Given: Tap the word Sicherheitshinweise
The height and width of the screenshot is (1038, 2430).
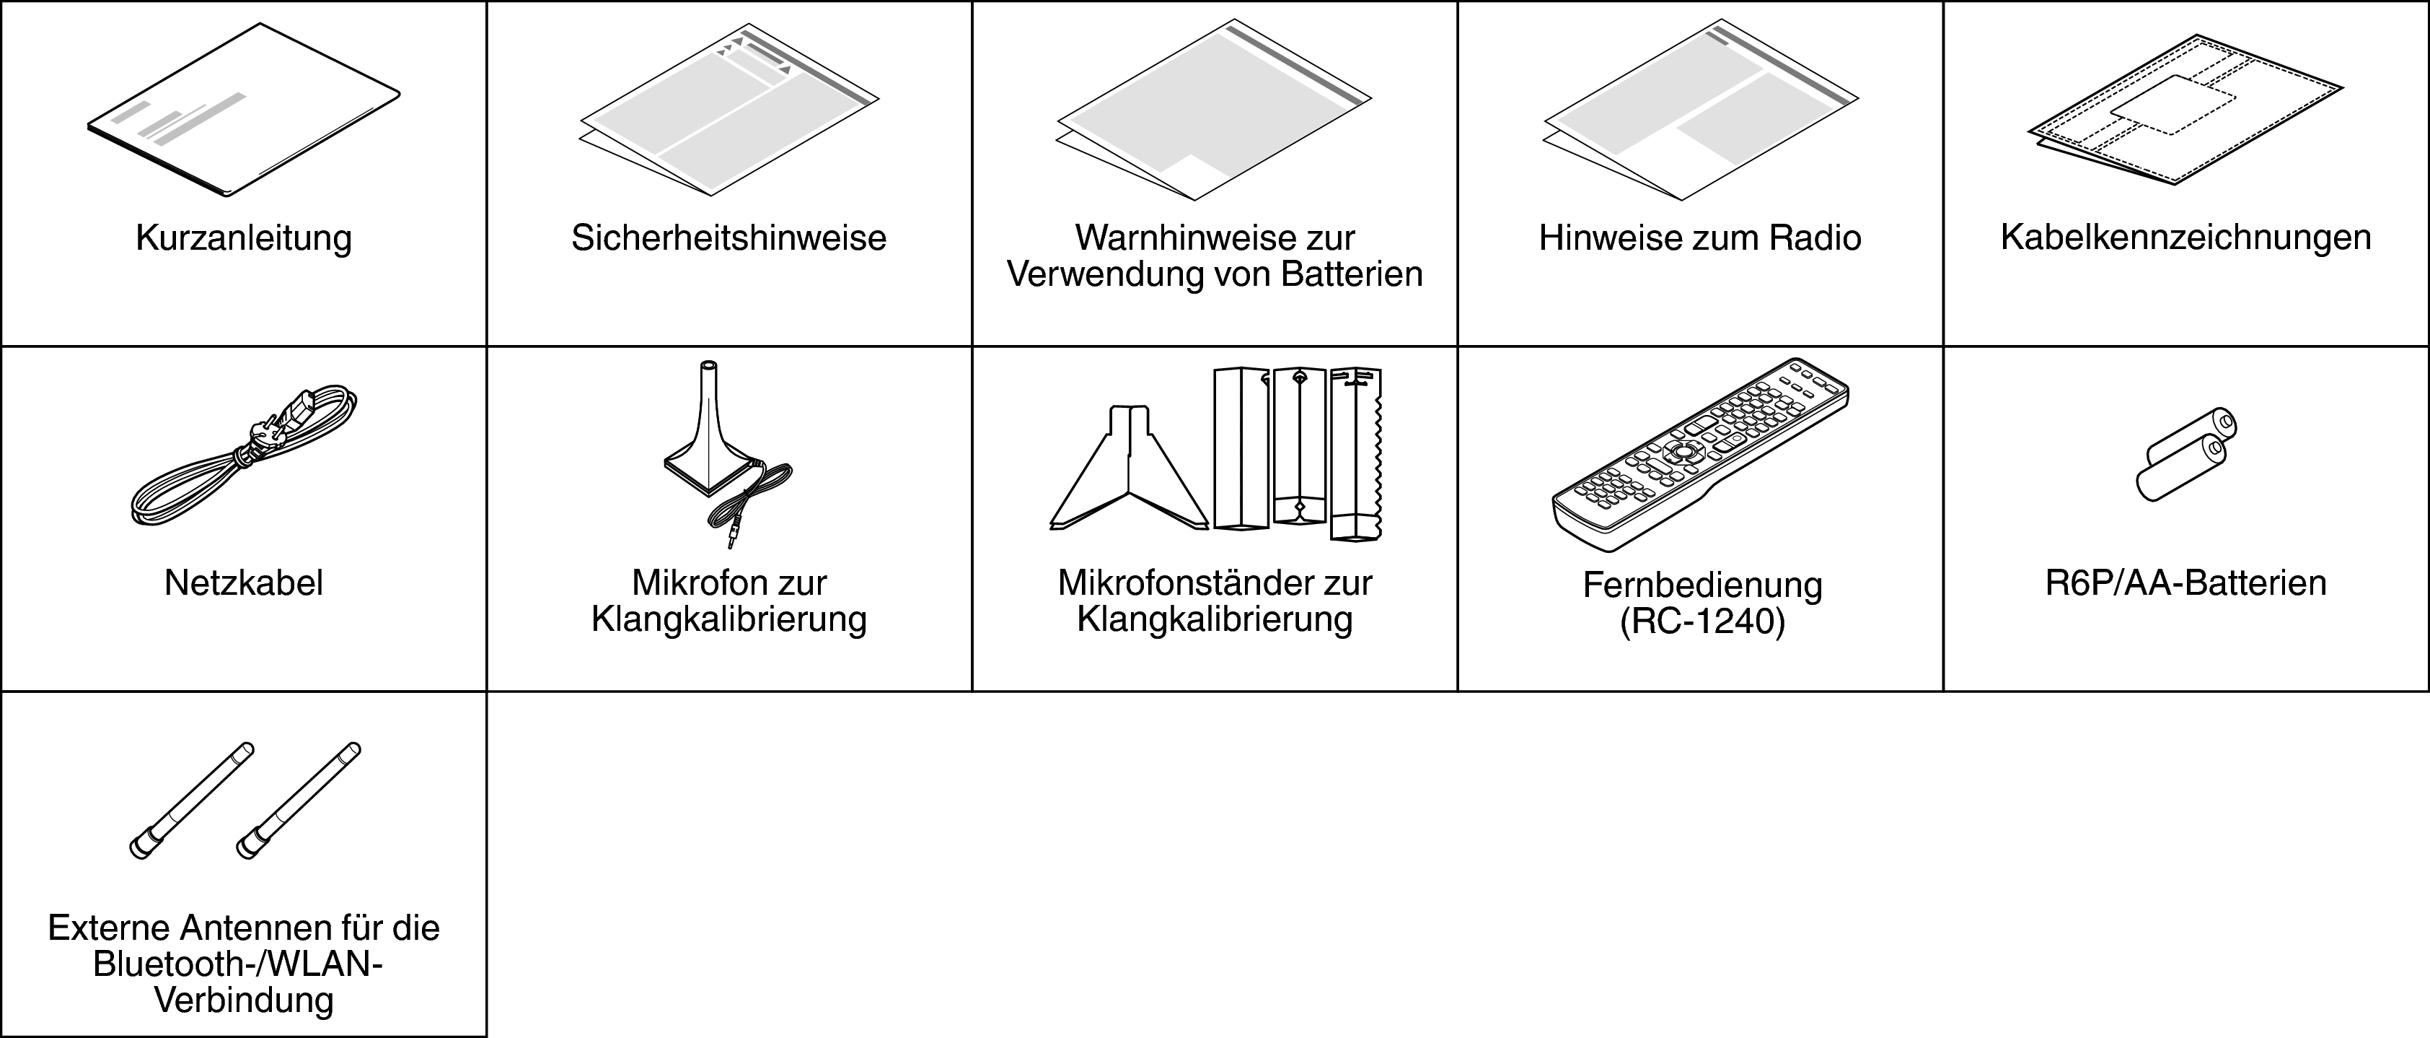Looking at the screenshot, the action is pos(728,237).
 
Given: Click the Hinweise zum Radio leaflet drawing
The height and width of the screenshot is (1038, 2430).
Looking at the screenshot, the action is pos(1700,111).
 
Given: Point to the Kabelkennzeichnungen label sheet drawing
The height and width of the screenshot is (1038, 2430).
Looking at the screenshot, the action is pos(2185,110).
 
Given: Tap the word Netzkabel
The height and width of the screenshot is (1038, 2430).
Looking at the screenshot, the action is pos(243,583).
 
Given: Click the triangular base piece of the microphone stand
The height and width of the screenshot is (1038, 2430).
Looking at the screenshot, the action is pos(1129,468).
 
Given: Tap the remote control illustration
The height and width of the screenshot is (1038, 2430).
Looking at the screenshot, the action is pos(1700,455).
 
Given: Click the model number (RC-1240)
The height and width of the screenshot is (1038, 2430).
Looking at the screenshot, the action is pos(1703,623).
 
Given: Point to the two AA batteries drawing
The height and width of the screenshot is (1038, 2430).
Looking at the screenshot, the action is pos(2185,454).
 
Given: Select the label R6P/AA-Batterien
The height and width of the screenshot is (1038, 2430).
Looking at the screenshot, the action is pos(2185,583).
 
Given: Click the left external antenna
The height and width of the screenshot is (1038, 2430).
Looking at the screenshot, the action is pos(191,801).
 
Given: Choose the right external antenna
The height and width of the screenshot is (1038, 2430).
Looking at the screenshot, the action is pos(298,801).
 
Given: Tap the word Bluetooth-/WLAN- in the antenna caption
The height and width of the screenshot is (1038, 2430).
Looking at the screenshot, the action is pos(238,964).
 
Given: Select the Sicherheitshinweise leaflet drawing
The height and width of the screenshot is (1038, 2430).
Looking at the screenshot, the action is pos(728,110).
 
